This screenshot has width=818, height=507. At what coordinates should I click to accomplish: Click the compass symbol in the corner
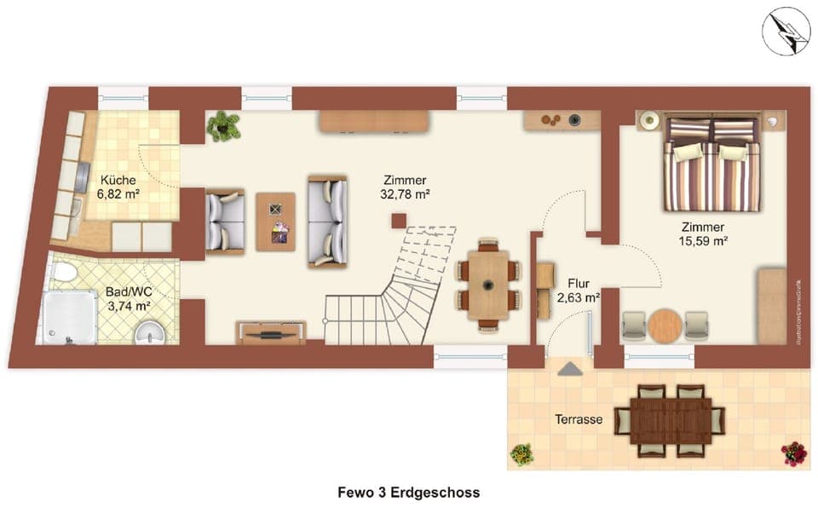[786, 32]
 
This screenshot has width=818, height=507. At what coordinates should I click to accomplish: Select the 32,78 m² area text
[406, 194]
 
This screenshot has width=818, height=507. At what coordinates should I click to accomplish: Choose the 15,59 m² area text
[702, 241]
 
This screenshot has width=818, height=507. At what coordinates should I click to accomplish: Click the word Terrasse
[579, 419]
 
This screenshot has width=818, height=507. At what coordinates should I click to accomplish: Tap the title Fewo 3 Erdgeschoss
[408, 493]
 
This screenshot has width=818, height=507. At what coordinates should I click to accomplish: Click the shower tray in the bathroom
[66, 317]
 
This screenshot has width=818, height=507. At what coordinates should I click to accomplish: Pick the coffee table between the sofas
[275, 221]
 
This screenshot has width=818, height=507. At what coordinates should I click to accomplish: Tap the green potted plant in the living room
[223, 125]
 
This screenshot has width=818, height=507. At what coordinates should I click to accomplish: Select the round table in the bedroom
[665, 325]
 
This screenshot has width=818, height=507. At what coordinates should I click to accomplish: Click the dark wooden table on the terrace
[669, 420]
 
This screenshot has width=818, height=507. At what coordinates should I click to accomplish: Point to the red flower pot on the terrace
[793, 453]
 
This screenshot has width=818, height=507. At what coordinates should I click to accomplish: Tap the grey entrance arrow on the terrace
[569, 368]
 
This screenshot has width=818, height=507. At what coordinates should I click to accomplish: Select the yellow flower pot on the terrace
[521, 453]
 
